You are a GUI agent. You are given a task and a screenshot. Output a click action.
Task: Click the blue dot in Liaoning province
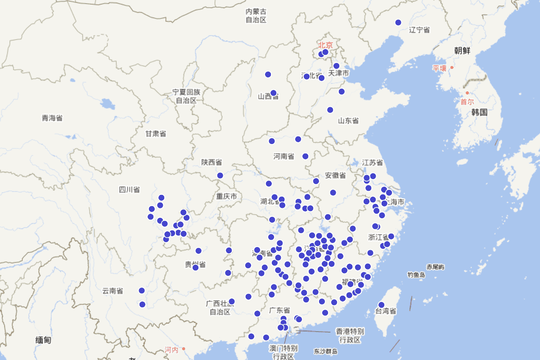[398, 22]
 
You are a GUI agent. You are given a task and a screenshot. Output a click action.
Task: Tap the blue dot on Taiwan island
[381, 305]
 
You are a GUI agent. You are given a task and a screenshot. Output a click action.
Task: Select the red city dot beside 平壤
[452, 67]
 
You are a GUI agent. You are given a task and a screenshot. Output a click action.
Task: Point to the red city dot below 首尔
[467, 93]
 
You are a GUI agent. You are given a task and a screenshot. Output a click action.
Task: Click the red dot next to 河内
[184, 349]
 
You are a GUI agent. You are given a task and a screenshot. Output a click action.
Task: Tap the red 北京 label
[325, 45]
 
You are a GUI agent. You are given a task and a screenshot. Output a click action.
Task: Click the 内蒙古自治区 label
[256, 16]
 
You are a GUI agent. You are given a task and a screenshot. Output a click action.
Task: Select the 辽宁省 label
[419, 30]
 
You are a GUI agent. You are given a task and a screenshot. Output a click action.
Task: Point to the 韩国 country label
[479, 112]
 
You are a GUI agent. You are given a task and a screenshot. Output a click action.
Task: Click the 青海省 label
[52, 118]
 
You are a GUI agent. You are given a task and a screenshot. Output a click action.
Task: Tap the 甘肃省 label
[155, 134]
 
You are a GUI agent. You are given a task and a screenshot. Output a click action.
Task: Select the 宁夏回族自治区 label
[186, 96]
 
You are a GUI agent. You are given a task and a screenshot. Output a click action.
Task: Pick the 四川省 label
[129, 189]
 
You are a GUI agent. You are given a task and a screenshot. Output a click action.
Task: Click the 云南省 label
[112, 291]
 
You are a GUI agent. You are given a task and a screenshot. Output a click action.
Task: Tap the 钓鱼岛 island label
[416, 274]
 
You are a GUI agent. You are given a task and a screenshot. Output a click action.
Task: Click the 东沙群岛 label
[326, 351]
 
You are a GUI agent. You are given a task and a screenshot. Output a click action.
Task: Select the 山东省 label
[348, 121]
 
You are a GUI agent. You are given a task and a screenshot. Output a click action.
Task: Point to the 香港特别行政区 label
[350, 335]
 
